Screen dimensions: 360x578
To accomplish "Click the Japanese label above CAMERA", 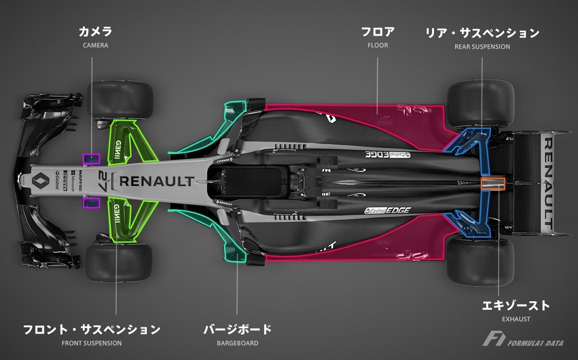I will tap(95, 33).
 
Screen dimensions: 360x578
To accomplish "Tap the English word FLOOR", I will tap(377, 46).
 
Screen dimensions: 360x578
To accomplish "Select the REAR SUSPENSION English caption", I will tap(482, 47).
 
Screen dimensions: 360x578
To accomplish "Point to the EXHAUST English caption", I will tap(516, 319).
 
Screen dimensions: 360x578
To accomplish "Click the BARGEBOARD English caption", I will tap(237, 343).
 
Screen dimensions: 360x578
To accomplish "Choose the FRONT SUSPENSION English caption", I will tap(92, 343).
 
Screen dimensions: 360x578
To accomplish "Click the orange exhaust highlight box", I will tap(493, 183).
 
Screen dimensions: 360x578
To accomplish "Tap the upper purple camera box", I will tap(92, 159).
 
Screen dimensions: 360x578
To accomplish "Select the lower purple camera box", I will tap(92, 203).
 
